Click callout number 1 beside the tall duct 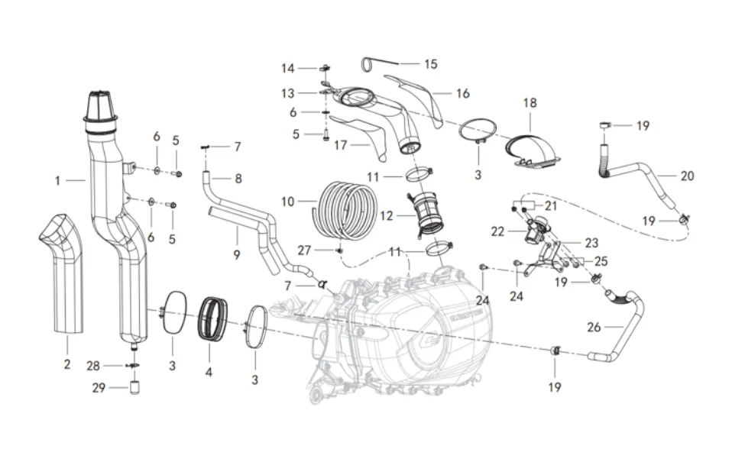pyautogui.click(x=57, y=181)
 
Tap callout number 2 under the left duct pyautogui.click(x=66, y=364)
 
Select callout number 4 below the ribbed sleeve pyautogui.click(x=209, y=373)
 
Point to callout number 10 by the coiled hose pyautogui.click(x=288, y=202)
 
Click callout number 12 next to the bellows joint pyautogui.click(x=386, y=216)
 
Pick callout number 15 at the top pyautogui.click(x=431, y=64)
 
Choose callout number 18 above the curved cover pyautogui.click(x=530, y=102)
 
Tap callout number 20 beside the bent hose pyautogui.click(x=687, y=176)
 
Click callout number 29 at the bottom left pyautogui.click(x=99, y=388)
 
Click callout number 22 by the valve pyautogui.click(x=497, y=231)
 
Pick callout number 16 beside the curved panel pyautogui.click(x=462, y=94)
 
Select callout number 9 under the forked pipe pyautogui.click(x=237, y=254)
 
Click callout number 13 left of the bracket pyautogui.click(x=287, y=93)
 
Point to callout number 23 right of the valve pyautogui.click(x=591, y=244)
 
